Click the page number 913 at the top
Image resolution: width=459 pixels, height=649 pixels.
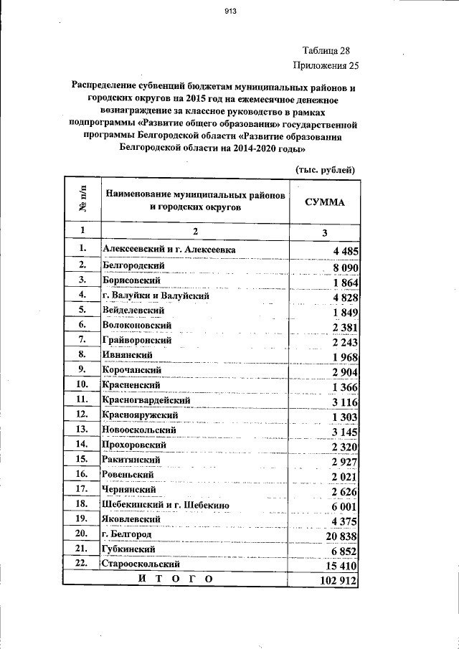(x=230, y=11)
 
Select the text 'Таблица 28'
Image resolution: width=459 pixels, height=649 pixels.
(x=326, y=52)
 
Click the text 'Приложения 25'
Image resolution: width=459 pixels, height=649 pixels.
(x=326, y=66)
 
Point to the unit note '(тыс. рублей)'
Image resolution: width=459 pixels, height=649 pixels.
(x=326, y=169)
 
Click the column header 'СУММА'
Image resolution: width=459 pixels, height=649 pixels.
(x=324, y=202)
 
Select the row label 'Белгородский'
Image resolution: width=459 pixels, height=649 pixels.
(x=135, y=266)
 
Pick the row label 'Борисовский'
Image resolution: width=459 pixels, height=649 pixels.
(x=132, y=280)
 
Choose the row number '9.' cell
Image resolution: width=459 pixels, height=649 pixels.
(x=82, y=370)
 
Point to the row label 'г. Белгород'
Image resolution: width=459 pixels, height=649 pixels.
(x=127, y=534)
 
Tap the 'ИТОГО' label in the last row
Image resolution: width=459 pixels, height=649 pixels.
(x=176, y=578)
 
